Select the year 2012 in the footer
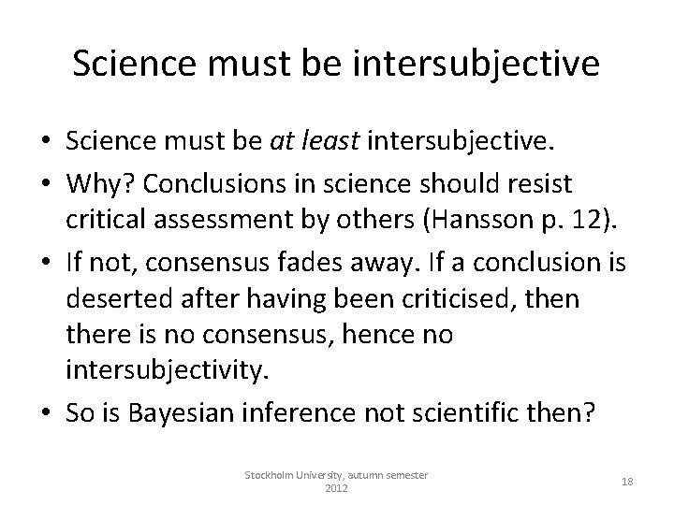click(x=336, y=488)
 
